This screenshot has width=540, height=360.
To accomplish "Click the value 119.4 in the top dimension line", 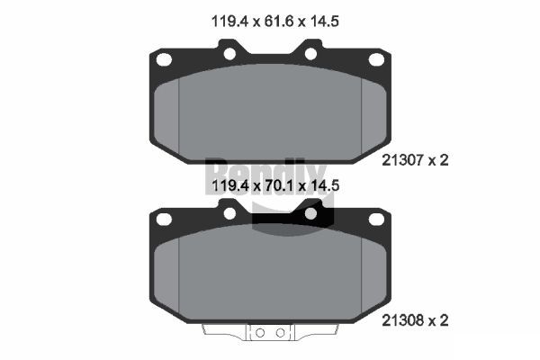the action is point(229,22).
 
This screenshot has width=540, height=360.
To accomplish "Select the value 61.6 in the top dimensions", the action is point(278,22).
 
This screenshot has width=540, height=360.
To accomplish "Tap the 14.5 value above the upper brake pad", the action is point(324,22).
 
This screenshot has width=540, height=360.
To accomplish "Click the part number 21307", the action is point(402,160).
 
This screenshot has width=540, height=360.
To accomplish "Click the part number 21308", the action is point(402,320).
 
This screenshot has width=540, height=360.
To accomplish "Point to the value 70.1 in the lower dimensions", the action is point(278,185).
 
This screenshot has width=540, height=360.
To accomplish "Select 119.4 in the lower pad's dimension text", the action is point(229,185).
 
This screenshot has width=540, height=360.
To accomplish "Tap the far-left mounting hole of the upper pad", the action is point(164,59).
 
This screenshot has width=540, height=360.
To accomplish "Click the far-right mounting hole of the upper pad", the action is point(376,59).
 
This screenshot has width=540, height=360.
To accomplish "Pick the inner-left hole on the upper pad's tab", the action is point(229,54).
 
